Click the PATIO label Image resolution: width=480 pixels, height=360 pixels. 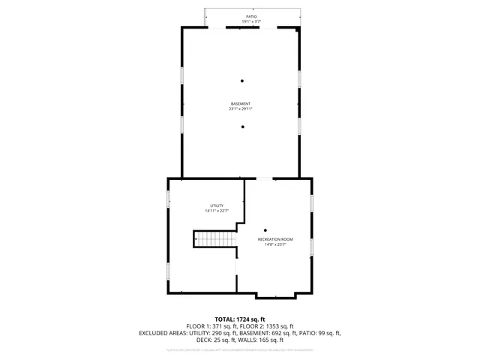click(x=251, y=16)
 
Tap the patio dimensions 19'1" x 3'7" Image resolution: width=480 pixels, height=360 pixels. click(x=251, y=22)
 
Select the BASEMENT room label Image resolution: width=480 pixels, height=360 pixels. click(x=241, y=103)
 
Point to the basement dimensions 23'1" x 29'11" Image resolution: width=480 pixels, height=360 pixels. click(x=241, y=109)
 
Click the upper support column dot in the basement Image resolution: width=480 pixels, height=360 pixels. click(x=242, y=81)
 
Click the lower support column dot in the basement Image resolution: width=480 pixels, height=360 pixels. click(x=242, y=127)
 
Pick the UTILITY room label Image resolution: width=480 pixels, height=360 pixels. click(x=216, y=205)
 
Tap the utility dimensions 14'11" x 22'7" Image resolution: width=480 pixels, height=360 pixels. click(x=216, y=211)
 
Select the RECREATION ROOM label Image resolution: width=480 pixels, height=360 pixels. click(x=275, y=238)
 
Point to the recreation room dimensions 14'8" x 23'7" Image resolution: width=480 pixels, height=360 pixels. click(x=275, y=244)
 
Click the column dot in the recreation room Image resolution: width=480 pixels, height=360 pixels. click(x=265, y=230)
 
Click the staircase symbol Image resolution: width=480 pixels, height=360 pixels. click(x=216, y=239)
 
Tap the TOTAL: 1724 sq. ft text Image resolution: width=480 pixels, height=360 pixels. click(x=240, y=319)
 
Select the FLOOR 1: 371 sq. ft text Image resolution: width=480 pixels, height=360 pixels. click(x=210, y=326)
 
